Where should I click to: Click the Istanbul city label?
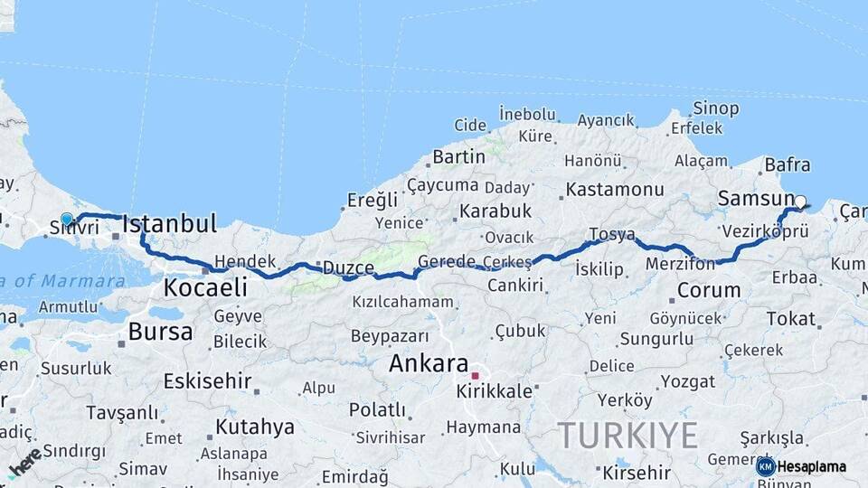pyautogui.click(x=169, y=223)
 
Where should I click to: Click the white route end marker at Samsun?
pyautogui.click(x=800, y=202)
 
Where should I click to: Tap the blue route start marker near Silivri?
pyautogui.click(x=66, y=219)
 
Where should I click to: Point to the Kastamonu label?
pyautogui.click(x=615, y=190)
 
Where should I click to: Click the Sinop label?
pyautogui.click(x=716, y=108)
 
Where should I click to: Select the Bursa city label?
pyautogui.click(x=160, y=332)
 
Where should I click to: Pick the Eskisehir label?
pyautogui.click(x=209, y=380)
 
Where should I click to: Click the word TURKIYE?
pyautogui.click(x=627, y=435)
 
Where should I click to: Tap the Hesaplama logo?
pyautogui.click(x=801, y=466)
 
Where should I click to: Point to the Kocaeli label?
pyautogui.click(x=205, y=287)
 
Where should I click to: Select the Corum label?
pyautogui.click(x=709, y=290)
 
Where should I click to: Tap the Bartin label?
pyautogui.click(x=459, y=156)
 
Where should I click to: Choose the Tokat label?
pyautogui.click(x=791, y=318)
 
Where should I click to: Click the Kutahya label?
pyautogui.click(x=255, y=427)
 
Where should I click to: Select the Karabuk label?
pyautogui.click(x=495, y=211)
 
